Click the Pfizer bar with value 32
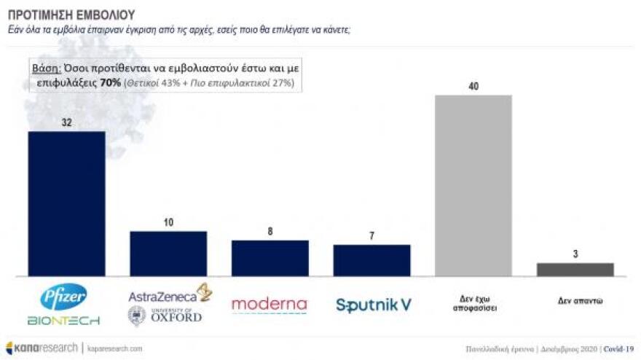pos(66,204)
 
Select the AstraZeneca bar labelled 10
pos(168,254)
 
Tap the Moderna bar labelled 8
pos(270,258)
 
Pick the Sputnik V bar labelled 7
pos(371,260)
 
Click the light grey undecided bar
pos(473,186)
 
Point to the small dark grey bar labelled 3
pos(575,270)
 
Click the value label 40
pos(473,87)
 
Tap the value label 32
pos(66,123)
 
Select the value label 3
pos(575,254)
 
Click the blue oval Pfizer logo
pos(64,297)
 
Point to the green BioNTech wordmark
pos(64,320)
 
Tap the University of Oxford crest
pos(137,316)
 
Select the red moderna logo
pos(270,304)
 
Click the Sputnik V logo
pos(374,305)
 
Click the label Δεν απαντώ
pos(575,299)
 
